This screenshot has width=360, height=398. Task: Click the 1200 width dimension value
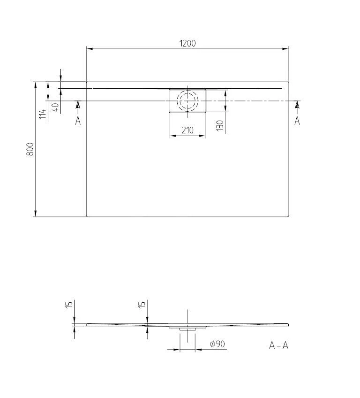[187, 43]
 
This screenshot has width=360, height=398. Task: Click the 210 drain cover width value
[187, 130]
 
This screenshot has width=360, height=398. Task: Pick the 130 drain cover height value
[220, 124]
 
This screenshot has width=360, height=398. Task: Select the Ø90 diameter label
[217, 344]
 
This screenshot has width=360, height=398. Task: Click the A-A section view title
[278, 345]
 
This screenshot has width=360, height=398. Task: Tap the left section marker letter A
[78, 121]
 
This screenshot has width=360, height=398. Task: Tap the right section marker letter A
[297, 121]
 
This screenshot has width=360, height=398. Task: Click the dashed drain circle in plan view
[187, 100]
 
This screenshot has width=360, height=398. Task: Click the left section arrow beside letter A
[78, 105]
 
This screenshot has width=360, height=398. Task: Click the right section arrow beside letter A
[297, 105]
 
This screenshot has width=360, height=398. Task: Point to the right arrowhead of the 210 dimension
[202, 136]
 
